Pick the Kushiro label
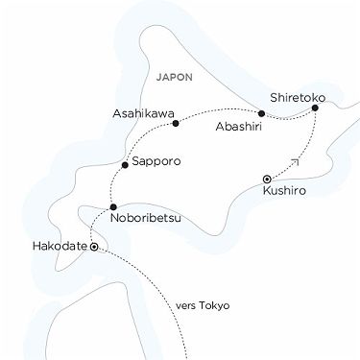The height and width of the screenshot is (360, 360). [x=284, y=193]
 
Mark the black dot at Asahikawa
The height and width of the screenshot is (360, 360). [x=176, y=122]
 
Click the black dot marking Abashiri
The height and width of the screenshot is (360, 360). [x=261, y=114]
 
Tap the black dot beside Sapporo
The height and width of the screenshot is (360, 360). [x=125, y=166]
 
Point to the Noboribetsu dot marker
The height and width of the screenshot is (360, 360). [x=113, y=206]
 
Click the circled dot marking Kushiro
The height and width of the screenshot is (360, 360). [x=267, y=177]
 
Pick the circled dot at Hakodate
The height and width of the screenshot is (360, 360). [x=94, y=247]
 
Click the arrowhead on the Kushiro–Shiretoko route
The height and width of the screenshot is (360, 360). [x=294, y=163]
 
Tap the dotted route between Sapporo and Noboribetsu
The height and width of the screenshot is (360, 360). [x=118, y=187]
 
